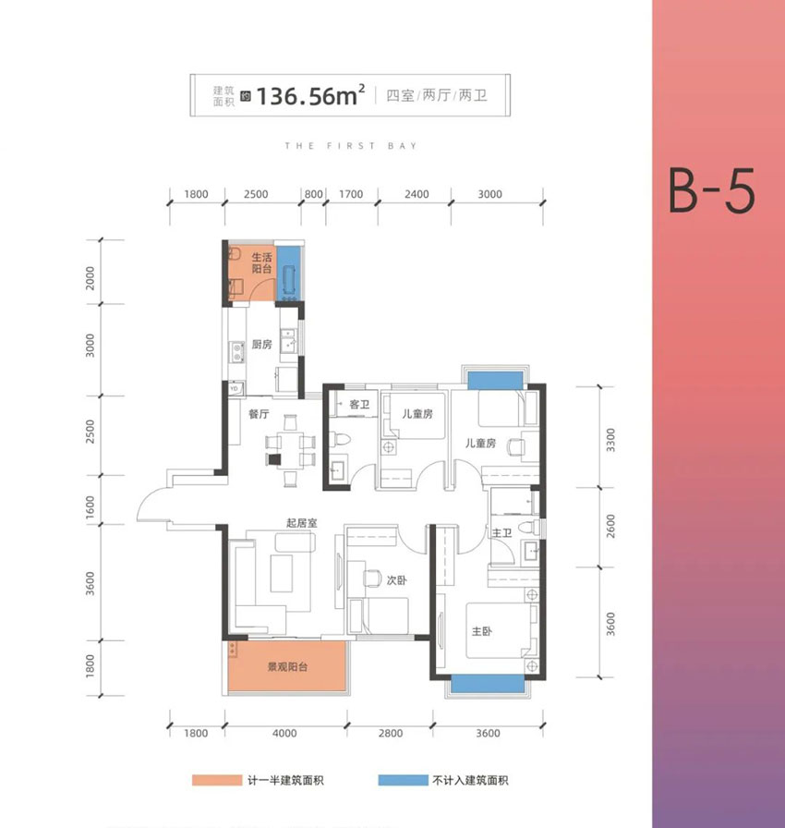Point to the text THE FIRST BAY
[351, 146]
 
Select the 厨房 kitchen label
[261, 344]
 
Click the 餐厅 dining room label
[258, 415]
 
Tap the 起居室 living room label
[301, 523]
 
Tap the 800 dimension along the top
[313, 194]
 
